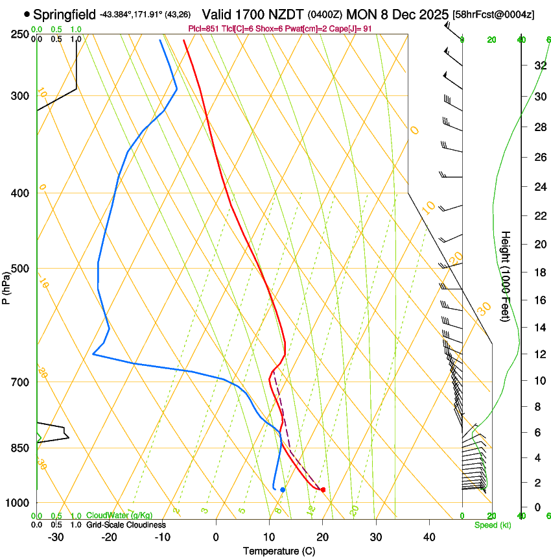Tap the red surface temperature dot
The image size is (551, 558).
click(323, 489)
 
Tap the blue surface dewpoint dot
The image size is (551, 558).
click(283, 489)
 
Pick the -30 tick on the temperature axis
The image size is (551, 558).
click(56, 537)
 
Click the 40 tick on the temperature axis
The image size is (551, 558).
click(429, 537)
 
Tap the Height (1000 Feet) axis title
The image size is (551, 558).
click(506, 276)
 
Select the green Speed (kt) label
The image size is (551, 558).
click(489, 525)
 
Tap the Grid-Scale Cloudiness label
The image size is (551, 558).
click(126, 525)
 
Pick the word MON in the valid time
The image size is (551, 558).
click(362, 14)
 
